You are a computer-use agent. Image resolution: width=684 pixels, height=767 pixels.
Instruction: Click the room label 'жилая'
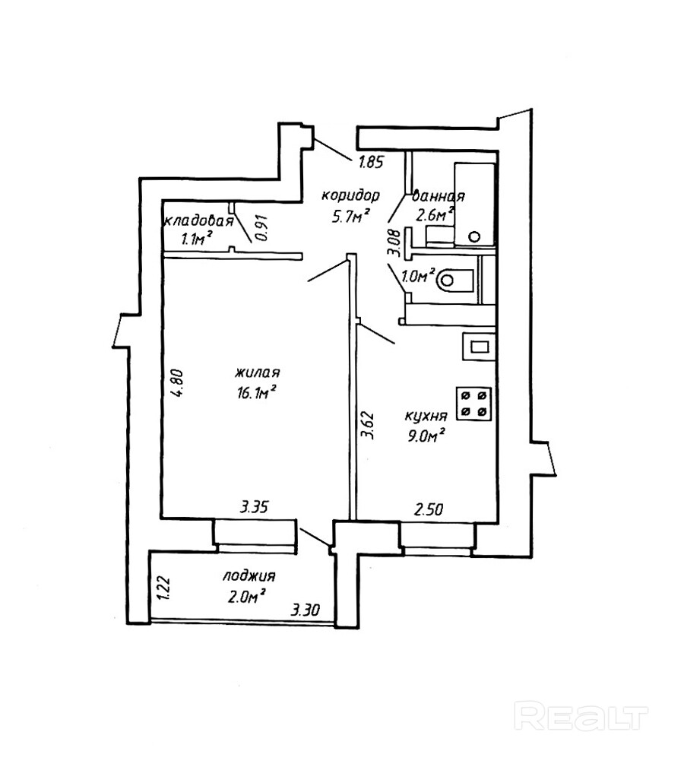point(258,373)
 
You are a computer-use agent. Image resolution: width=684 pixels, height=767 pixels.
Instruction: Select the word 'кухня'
point(425,417)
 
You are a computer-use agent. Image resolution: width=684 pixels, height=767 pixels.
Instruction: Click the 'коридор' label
point(350,195)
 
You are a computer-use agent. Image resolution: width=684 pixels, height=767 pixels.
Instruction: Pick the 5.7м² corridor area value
point(350,216)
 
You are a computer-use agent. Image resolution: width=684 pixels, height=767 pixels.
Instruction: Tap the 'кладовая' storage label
point(198,221)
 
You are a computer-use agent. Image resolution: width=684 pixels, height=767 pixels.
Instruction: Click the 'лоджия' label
point(249,576)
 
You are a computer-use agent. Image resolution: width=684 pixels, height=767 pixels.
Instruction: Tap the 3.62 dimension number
point(368,425)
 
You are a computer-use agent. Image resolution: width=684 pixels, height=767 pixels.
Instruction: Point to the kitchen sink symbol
point(478,348)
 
